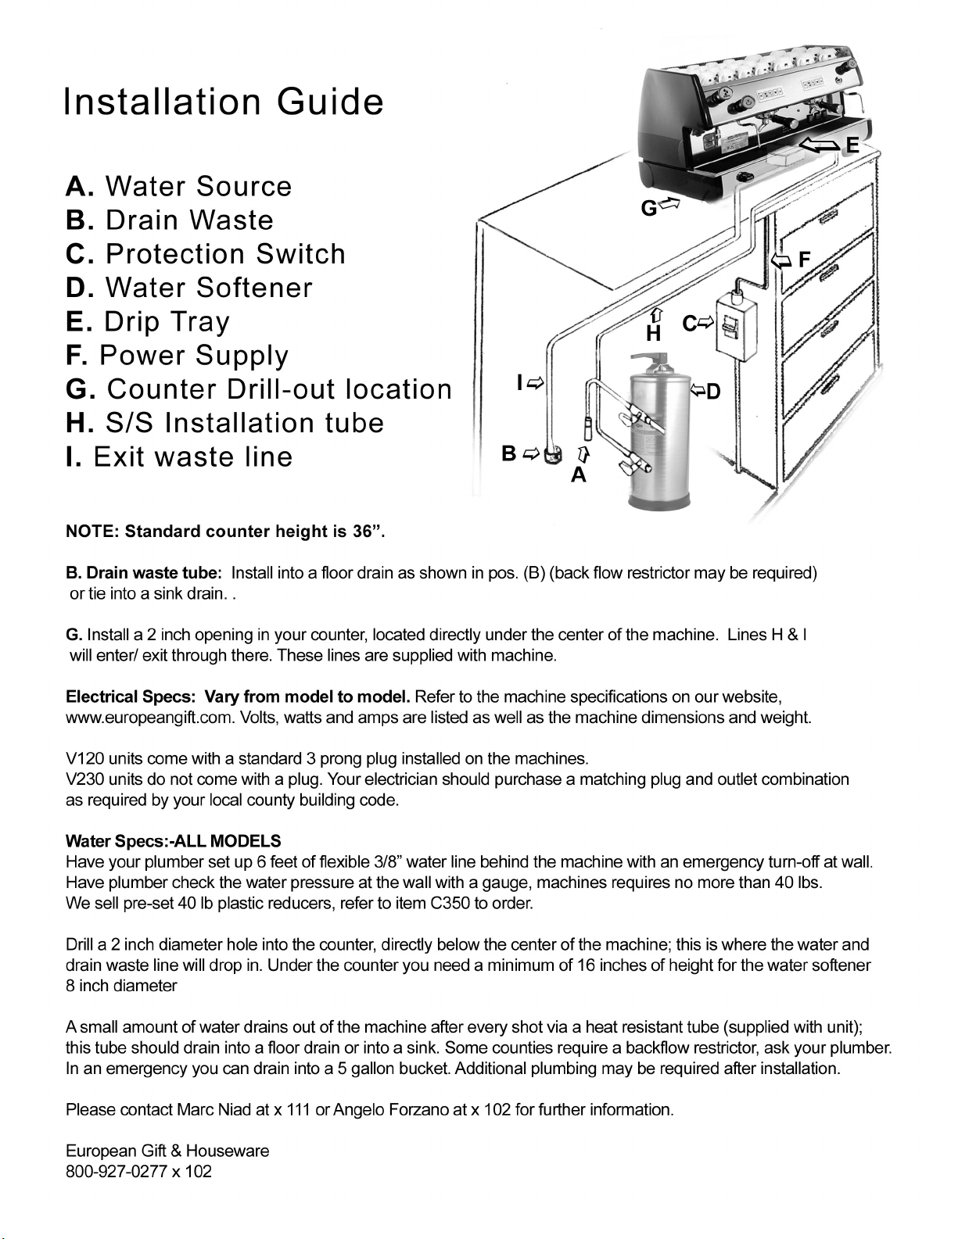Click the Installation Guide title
(224, 102)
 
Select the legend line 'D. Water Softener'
(188, 288)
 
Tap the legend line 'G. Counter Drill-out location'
(259, 389)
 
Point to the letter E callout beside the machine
(852, 145)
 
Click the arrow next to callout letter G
(670, 203)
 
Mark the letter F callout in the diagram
(804, 260)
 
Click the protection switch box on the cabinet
(736, 325)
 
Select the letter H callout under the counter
(654, 333)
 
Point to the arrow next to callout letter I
(536, 383)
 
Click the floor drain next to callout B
(551, 456)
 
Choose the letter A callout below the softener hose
(579, 474)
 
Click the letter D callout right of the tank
(713, 392)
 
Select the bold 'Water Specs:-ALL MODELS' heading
(174, 841)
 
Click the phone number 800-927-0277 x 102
(138, 1171)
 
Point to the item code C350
(450, 903)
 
